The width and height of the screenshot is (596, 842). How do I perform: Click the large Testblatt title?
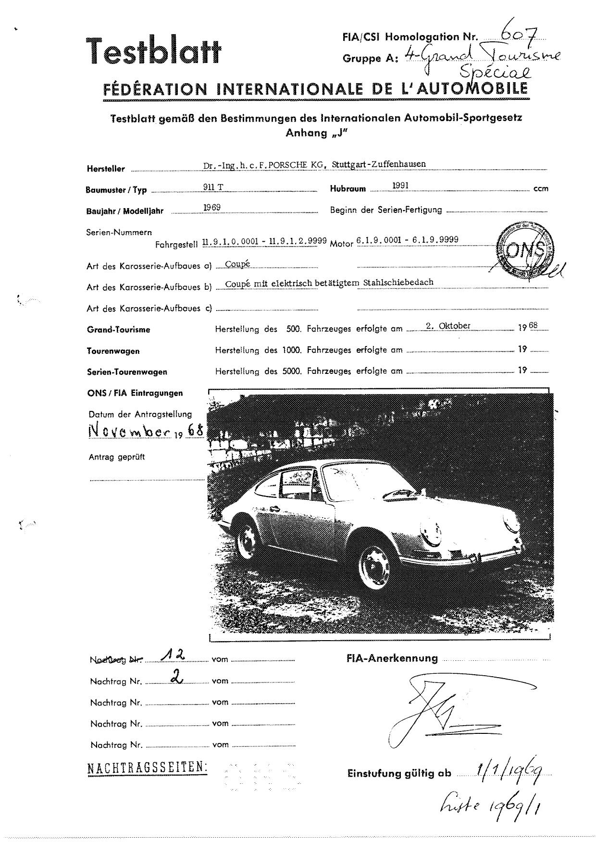[x=153, y=51]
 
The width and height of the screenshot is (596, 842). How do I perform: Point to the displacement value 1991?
[x=400, y=186]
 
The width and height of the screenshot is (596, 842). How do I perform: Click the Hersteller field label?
[x=106, y=169]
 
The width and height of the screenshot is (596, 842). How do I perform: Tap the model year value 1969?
[x=212, y=208]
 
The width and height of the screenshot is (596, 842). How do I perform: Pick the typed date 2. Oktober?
[x=448, y=326]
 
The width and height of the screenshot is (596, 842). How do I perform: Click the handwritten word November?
[x=130, y=431]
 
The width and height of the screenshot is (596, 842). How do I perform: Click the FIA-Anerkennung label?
[x=392, y=659]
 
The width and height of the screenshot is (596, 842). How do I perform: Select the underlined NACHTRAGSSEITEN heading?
[x=147, y=768]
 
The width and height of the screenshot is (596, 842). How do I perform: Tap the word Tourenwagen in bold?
[x=113, y=351]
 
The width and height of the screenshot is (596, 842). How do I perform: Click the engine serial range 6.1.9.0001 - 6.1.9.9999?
[x=407, y=240]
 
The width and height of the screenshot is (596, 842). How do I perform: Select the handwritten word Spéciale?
[x=496, y=73]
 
